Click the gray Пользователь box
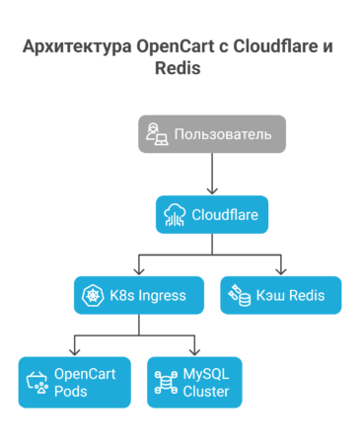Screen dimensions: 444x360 pyautogui.click(x=211, y=134)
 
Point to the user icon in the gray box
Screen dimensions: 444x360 pyautogui.click(x=157, y=134)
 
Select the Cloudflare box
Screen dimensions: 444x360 pyautogui.click(x=211, y=214)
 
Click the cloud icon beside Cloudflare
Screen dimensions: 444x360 pyautogui.click(x=176, y=214)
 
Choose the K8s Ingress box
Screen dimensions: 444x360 pyautogui.click(x=138, y=294)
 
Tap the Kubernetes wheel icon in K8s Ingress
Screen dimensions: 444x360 pyautogui.click(x=94, y=294)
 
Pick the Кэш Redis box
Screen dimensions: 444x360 pyautogui.click(x=280, y=294)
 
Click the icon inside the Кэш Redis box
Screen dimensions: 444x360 pyautogui.click(x=239, y=294)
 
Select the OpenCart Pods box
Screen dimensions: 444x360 pyautogui.click(x=73, y=382)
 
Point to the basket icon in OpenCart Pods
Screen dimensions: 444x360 pyautogui.click(x=37, y=382)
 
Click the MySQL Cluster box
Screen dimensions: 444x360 pyautogui.click(x=194, y=382)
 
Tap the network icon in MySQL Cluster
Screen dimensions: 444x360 pyautogui.click(x=164, y=382)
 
